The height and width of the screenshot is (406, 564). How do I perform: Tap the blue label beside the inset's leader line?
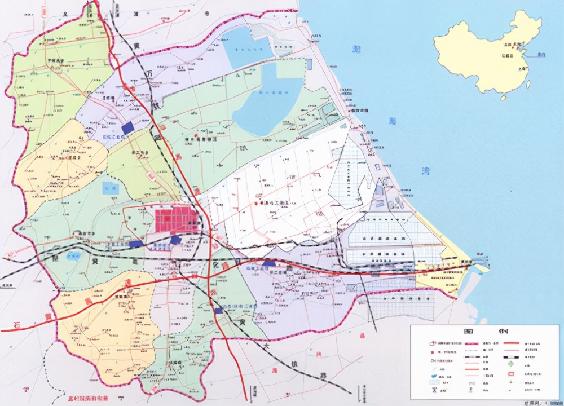(x=541, y=54)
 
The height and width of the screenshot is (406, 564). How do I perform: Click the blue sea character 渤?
(x=356, y=49)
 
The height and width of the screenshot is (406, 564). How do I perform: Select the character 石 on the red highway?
(x=19, y=324)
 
